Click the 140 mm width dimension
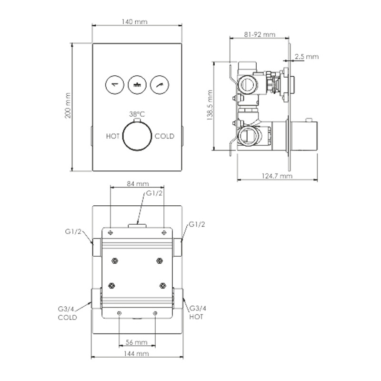[134, 22]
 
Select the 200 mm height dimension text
[68, 105]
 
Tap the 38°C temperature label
[137, 114]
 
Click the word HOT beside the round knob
[113, 136]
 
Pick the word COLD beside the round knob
[164, 136]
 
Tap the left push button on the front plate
[115, 85]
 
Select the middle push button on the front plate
[137, 85]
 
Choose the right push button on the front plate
[160, 85]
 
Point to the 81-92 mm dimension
[260, 34]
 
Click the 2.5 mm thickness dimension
[307, 57]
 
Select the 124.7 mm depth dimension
[277, 176]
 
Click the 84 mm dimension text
[138, 184]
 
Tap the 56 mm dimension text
[137, 342]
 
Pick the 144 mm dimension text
[136, 353]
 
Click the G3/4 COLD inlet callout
[67, 313]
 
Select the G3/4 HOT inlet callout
[198, 312]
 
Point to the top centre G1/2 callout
[154, 193]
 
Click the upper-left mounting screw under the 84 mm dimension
[110, 233]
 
